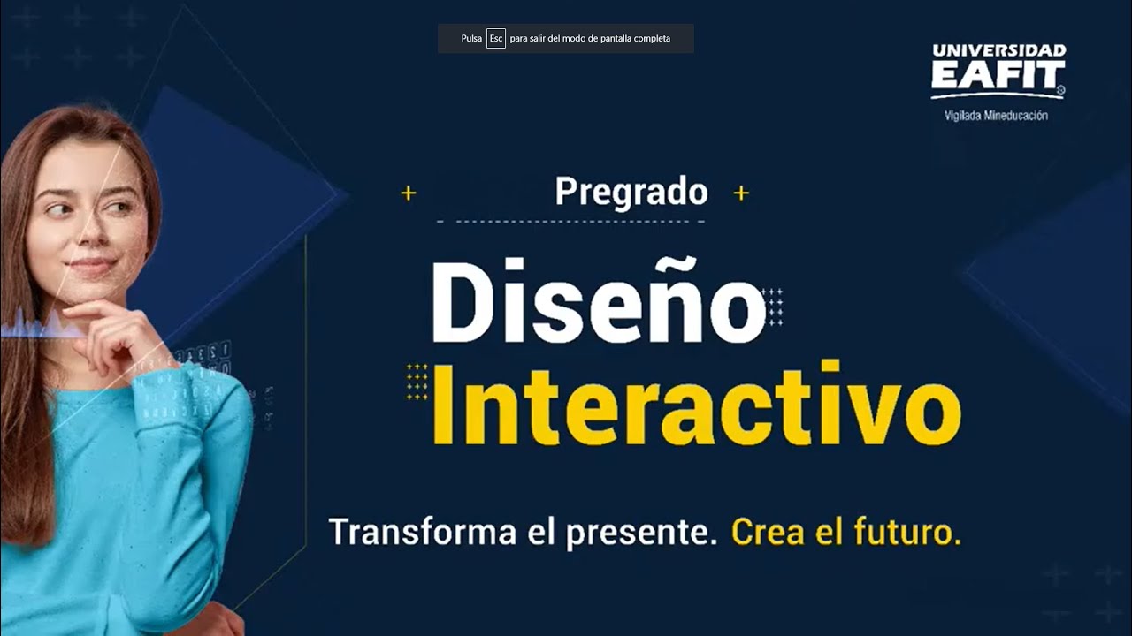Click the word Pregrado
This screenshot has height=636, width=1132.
pyautogui.click(x=631, y=193)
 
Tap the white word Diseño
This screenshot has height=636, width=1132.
pyautogui.click(x=598, y=302)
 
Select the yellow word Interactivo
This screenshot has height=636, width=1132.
pyautogui.click(x=696, y=404)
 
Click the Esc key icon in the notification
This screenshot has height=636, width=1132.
pyautogui.click(x=496, y=39)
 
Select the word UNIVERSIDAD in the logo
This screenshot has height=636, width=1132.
pyautogui.click(x=998, y=50)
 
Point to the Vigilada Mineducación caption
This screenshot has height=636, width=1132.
pyautogui.click(x=996, y=116)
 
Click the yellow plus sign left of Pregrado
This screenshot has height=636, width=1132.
pyautogui.click(x=409, y=193)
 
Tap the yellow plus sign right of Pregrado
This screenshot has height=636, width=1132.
pyautogui.click(x=741, y=193)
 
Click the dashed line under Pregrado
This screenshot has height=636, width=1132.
pyautogui.click(x=571, y=221)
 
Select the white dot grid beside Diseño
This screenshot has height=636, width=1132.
pyautogui.click(x=772, y=307)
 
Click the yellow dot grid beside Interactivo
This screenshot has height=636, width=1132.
pyautogui.click(x=417, y=382)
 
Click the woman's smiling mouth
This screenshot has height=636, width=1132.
pyautogui.click(x=91, y=264)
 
